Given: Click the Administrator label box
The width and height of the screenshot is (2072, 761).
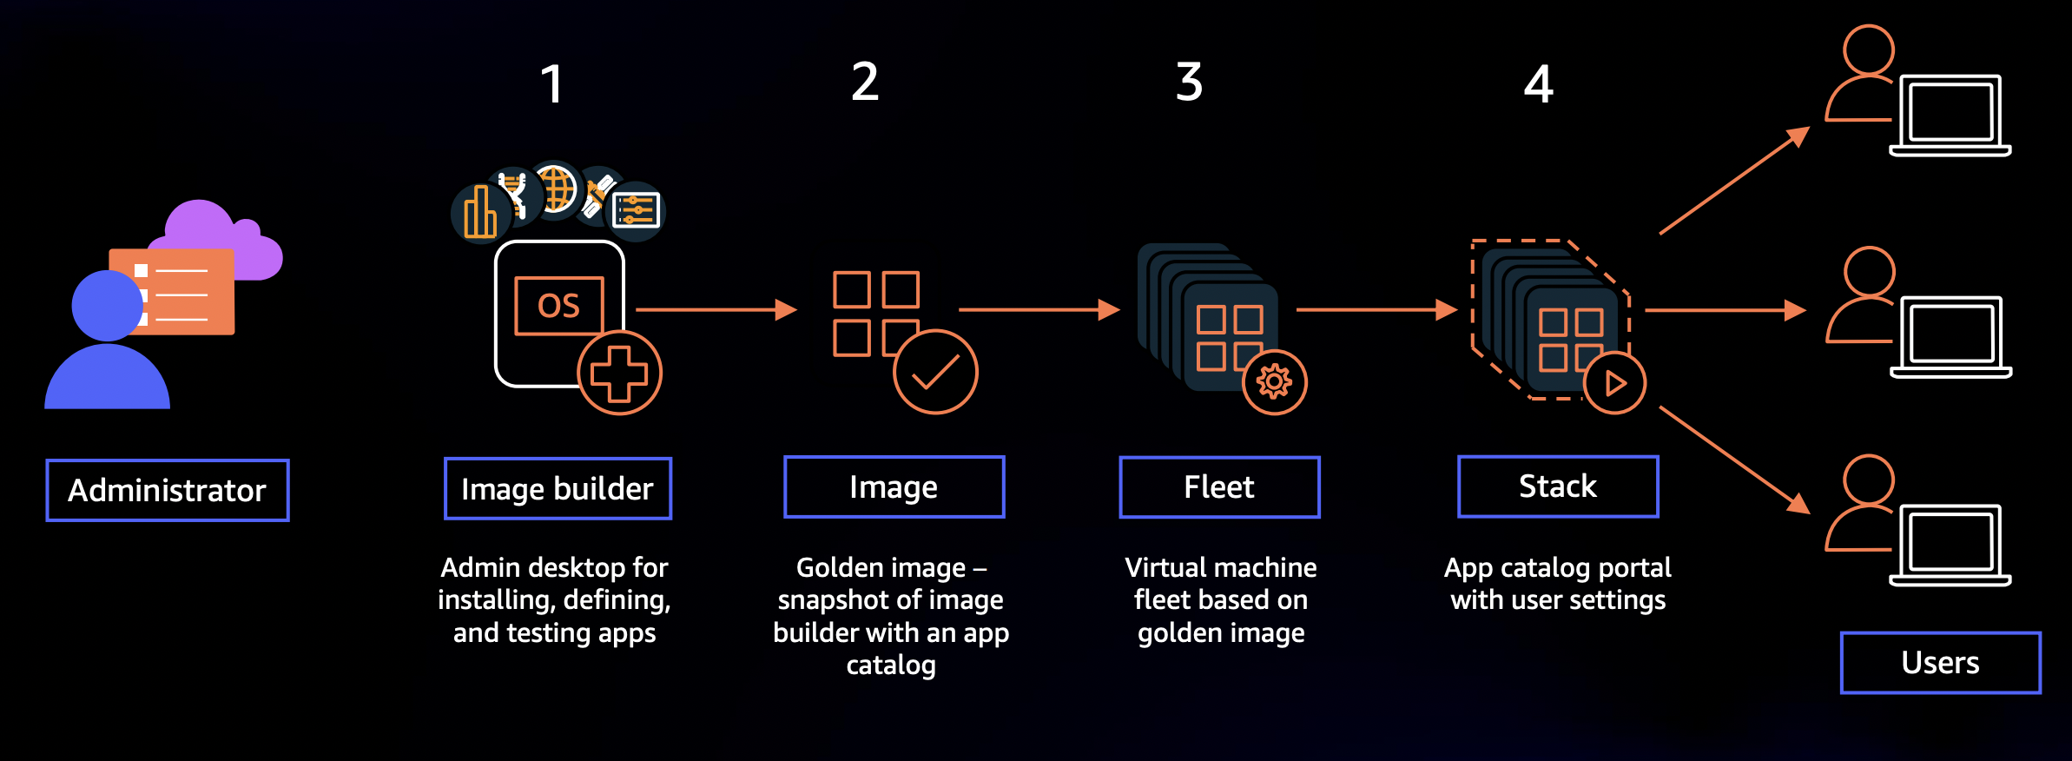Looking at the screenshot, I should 168,491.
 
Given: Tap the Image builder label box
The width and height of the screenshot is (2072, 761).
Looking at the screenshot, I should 558,489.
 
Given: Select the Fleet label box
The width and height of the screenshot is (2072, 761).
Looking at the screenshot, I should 1219,487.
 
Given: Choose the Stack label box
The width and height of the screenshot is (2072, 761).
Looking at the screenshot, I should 1558,486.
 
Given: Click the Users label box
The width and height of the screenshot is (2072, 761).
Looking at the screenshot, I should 1940,663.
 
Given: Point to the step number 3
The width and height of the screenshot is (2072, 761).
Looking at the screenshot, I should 1189,83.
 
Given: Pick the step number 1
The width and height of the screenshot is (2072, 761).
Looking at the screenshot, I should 551,85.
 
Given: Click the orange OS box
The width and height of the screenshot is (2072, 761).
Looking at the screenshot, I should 558,306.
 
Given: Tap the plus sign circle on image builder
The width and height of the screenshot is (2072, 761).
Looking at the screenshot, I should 619,374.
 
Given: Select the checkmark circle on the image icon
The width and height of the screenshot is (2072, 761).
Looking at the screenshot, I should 935,372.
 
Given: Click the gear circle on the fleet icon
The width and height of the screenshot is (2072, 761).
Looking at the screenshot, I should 1274,381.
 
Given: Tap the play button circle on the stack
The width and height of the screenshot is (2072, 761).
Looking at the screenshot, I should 1614,382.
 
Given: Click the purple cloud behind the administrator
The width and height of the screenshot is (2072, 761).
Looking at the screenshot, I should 217,235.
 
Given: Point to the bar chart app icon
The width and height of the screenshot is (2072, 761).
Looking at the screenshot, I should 478,213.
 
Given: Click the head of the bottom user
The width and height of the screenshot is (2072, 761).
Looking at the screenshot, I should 1868,479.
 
